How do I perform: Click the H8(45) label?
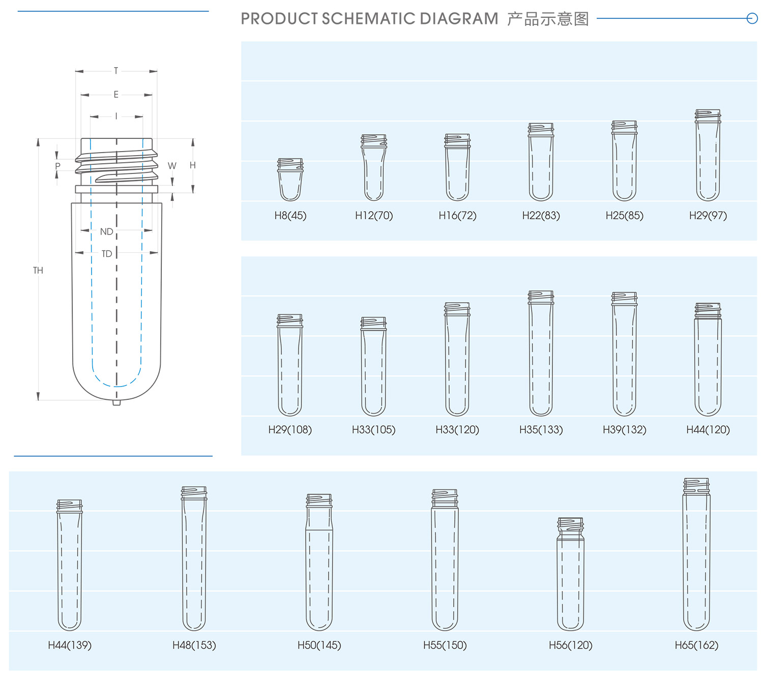coord(290,215)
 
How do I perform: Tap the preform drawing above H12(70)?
coord(374,168)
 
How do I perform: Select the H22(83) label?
coord(541,215)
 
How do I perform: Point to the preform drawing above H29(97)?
coord(708,155)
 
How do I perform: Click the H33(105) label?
coord(373,430)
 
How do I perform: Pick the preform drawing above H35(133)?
coord(541,354)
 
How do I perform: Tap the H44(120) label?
coord(708,430)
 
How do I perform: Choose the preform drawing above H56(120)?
coord(570,575)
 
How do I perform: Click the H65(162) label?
coord(696,645)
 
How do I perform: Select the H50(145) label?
coord(319,645)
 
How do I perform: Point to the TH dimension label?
coord(38,271)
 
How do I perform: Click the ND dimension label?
coord(106,232)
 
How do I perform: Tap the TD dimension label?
coord(106,254)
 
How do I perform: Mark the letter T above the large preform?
coord(116,71)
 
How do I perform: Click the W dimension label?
coord(172,166)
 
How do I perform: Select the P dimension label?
coord(57,166)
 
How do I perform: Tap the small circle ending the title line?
coord(752,19)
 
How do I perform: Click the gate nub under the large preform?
coord(116,403)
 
